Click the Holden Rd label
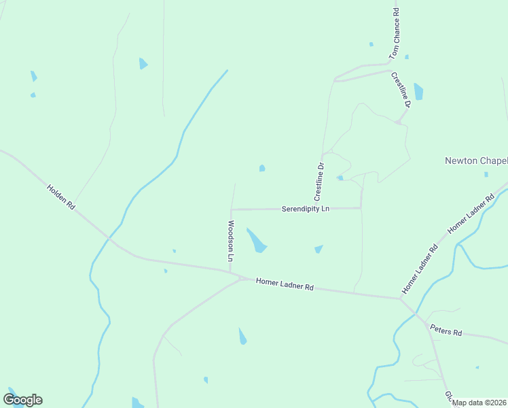coord(60,197)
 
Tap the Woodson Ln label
coord(230,241)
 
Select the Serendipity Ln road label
coord(305,209)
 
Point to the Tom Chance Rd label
coord(395,33)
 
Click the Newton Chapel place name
coord(475,160)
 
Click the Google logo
coord(22,399)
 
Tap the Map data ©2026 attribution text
coord(479,403)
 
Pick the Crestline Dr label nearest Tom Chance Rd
coord(401,90)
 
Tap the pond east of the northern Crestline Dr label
coord(418,92)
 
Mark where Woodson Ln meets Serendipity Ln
coord(232,209)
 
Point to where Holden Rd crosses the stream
coord(108,238)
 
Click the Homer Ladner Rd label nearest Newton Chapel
coord(471,215)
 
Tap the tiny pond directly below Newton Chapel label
coord(486,174)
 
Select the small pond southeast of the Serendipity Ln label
coord(318,249)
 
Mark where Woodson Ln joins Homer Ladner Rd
coord(231,272)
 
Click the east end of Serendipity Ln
coord(361,207)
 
